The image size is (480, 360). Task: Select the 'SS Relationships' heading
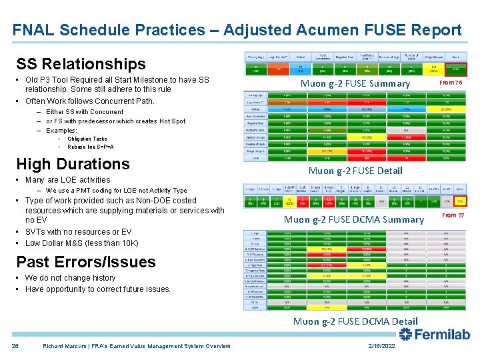click(81, 64)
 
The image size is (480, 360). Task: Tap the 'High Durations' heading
click(73, 164)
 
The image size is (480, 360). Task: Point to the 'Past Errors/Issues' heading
click(85, 261)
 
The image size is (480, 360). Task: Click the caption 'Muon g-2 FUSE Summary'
click(355, 83)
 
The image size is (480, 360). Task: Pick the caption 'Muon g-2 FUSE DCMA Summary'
click(354, 219)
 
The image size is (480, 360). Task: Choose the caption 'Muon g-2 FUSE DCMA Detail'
click(355, 321)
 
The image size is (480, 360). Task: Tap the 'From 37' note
click(453, 215)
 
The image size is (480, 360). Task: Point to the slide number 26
click(15, 345)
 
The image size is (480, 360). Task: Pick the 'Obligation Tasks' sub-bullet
click(87, 139)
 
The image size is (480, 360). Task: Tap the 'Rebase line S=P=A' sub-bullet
click(90, 147)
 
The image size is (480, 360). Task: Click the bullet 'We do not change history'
click(70, 278)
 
